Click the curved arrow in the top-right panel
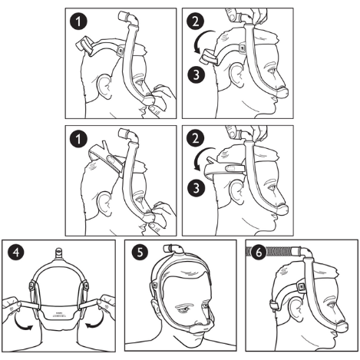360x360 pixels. point(201,52)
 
